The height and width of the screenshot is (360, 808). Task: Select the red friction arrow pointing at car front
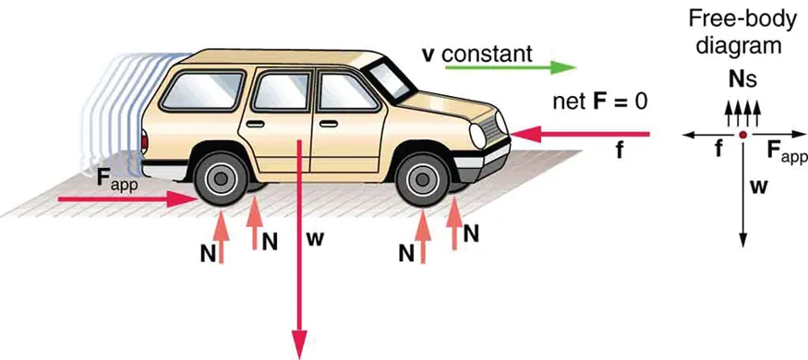tap(582, 135)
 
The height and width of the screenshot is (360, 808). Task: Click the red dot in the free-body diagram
tap(742, 135)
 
